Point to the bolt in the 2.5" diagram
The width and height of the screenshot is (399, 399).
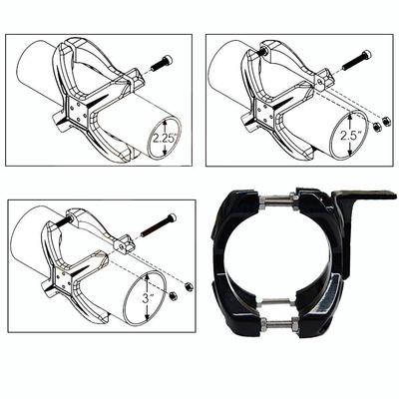[355, 67]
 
